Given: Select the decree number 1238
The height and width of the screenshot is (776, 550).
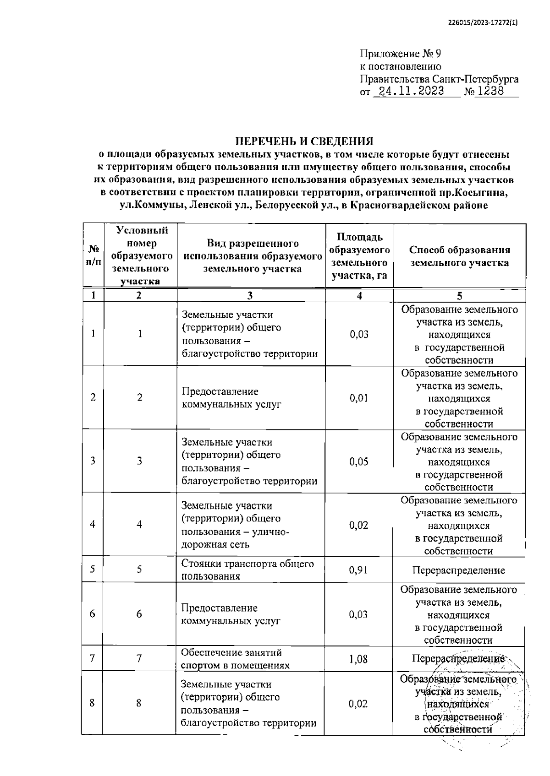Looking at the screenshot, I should [490, 91].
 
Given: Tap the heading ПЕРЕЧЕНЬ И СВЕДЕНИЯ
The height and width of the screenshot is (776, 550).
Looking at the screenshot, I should [304, 141].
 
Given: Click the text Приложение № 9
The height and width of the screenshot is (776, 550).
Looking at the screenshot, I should [401, 54].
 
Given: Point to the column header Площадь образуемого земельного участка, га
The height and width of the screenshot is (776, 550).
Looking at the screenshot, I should [359, 256].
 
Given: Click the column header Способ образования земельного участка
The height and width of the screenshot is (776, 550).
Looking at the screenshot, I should [459, 256].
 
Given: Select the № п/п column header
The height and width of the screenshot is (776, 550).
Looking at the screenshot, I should [93, 256].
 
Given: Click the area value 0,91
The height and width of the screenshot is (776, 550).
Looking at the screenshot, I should [358, 570].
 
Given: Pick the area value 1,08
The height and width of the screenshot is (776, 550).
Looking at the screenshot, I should [358, 659].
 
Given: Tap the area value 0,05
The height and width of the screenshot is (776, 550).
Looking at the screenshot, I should [358, 461].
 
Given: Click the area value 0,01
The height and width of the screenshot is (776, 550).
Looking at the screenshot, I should [358, 397].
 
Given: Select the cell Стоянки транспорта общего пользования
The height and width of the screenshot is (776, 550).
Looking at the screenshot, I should [247, 570].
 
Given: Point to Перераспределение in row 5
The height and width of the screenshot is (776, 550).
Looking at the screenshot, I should [458, 570].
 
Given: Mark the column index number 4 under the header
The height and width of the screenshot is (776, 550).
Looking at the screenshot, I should [359, 296].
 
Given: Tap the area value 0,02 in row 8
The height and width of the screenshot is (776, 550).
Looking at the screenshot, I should [358, 703].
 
